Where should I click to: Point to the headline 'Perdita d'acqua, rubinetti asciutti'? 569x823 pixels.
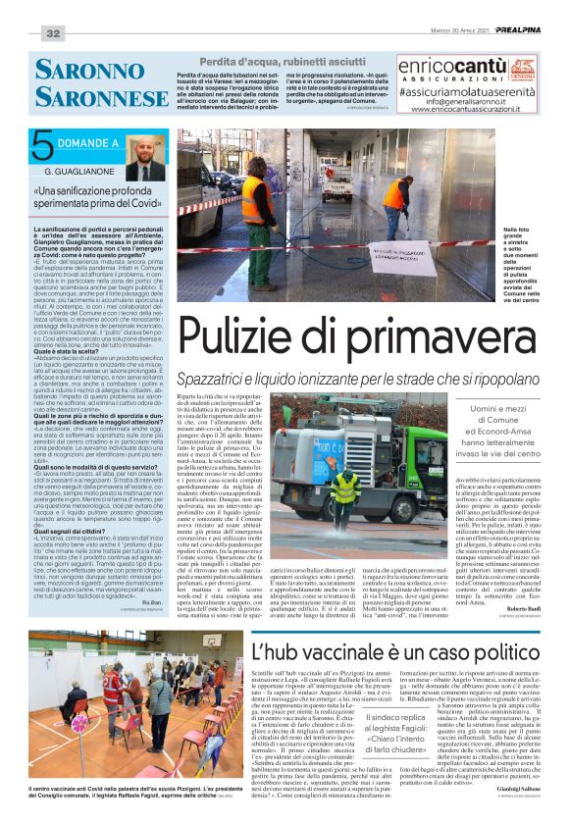(x=284, y=62)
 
